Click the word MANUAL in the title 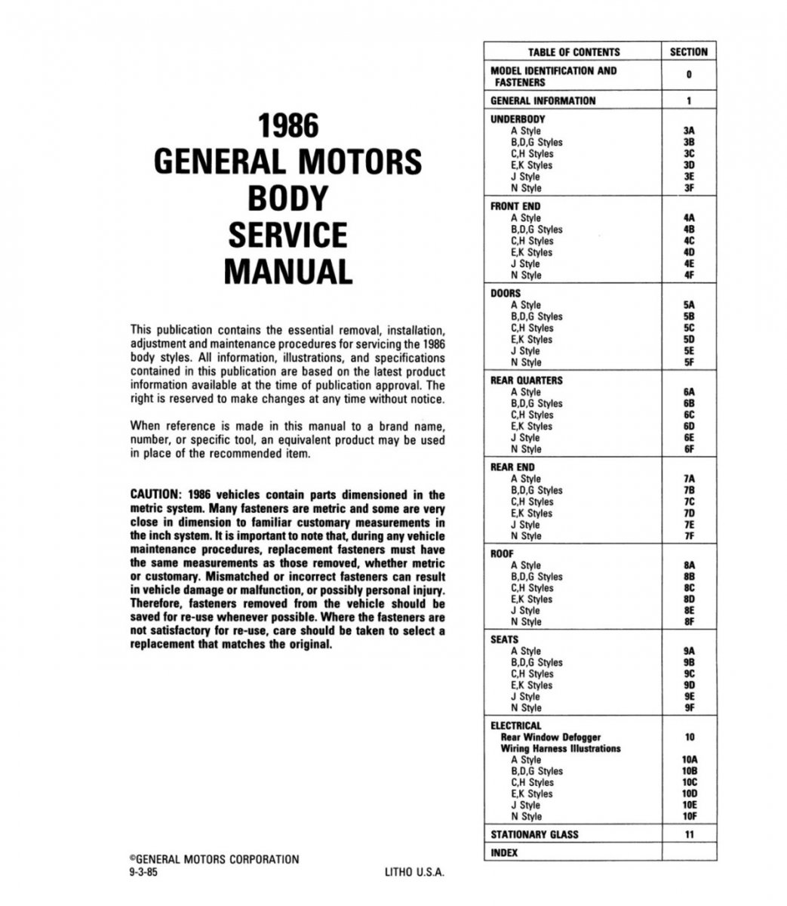point(287,271)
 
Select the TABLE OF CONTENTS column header point(573,52)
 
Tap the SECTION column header point(688,52)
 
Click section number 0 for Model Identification point(689,75)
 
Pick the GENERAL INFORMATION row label point(543,100)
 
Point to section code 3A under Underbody point(688,131)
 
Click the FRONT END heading point(515,206)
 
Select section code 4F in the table point(688,276)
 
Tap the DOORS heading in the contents point(506,293)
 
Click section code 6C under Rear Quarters point(688,414)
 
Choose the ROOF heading point(503,553)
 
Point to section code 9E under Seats point(688,696)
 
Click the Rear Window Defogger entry point(551,737)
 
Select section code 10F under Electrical point(689,816)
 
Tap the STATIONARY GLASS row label point(535,834)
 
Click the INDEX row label point(504,853)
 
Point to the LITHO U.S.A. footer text point(414,871)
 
